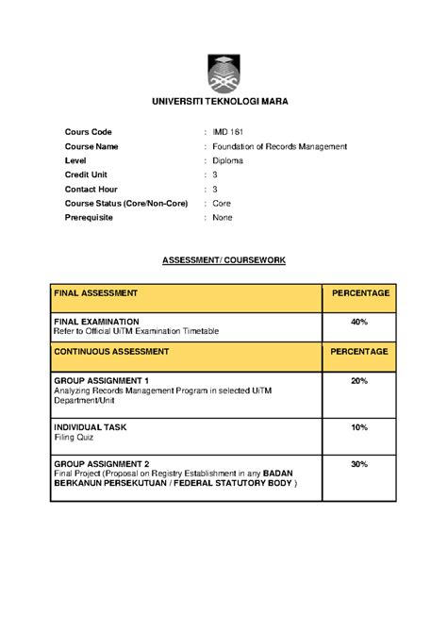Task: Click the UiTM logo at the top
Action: pyautogui.click(x=223, y=73)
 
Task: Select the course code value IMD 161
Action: pyautogui.click(x=228, y=132)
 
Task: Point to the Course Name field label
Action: pyautogui.click(x=91, y=146)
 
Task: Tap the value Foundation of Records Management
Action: pyautogui.click(x=280, y=146)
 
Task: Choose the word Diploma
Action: pyautogui.click(x=227, y=160)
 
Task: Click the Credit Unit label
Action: pyautogui.click(x=87, y=175)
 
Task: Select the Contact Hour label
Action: pyautogui.click(x=91, y=189)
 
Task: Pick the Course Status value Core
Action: pyautogui.click(x=223, y=203)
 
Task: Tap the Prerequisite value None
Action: pyautogui.click(x=223, y=217)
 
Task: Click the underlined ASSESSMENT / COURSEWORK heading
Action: pyautogui.click(x=223, y=258)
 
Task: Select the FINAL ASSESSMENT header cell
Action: pyautogui.click(x=96, y=293)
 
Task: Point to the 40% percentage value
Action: pyautogui.click(x=358, y=322)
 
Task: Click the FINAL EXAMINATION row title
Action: pyautogui.click(x=96, y=322)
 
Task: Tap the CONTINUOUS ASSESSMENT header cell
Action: pyautogui.click(x=111, y=351)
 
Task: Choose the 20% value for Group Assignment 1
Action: pyautogui.click(x=358, y=380)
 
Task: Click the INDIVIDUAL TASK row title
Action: pyautogui.click(x=91, y=427)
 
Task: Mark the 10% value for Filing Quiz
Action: pyautogui.click(x=358, y=427)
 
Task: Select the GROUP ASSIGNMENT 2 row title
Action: pyautogui.click(x=102, y=464)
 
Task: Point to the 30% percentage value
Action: pyautogui.click(x=358, y=464)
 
